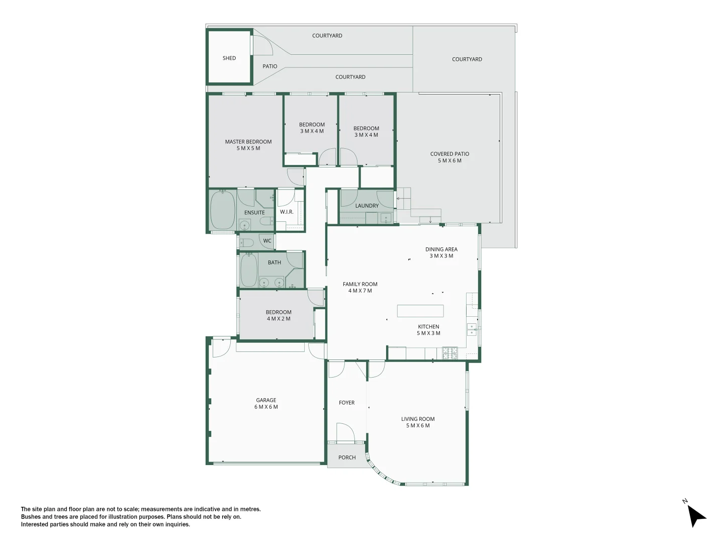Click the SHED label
tap(229, 58)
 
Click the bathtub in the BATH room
tap(248, 270)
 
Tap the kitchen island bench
tap(420, 311)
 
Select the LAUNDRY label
tap(367, 206)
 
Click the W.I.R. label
tap(287, 212)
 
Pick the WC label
tap(267, 241)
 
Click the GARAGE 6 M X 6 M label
tap(266, 404)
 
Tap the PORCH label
tap(347, 458)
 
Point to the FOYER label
tap(346, 403)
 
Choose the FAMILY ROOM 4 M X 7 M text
tap(360, 288)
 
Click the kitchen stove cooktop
tap(449, 353)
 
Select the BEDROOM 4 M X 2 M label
tap(279, 315)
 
